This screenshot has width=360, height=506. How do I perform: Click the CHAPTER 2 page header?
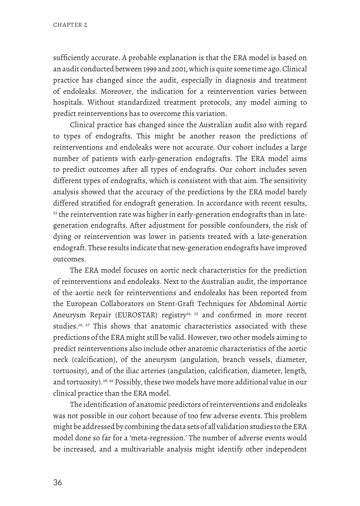click(x=70, y=25)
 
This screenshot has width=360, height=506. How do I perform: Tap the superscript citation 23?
click(x=55, y=213)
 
